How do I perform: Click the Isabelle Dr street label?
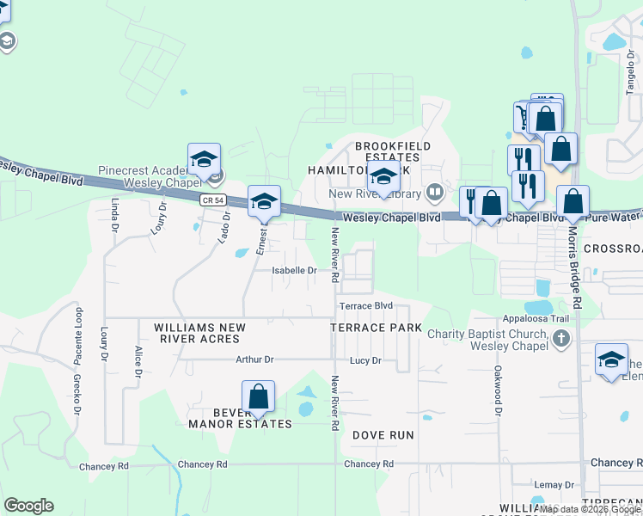tap(295, 270)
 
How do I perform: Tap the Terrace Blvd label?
tap(365, 306)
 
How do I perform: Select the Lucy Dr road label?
tap(365, 361)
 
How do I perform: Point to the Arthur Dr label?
tap(254, 359)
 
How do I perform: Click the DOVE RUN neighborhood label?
tap(383, 435)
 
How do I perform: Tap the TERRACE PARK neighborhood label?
tap(377, 328)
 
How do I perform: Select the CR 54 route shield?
tap(213, 200)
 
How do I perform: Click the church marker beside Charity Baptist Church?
tap(561, 336)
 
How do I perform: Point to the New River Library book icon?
tap(436, 191)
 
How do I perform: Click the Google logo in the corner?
tap(28, 506)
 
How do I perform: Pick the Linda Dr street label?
tap(113, 215)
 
